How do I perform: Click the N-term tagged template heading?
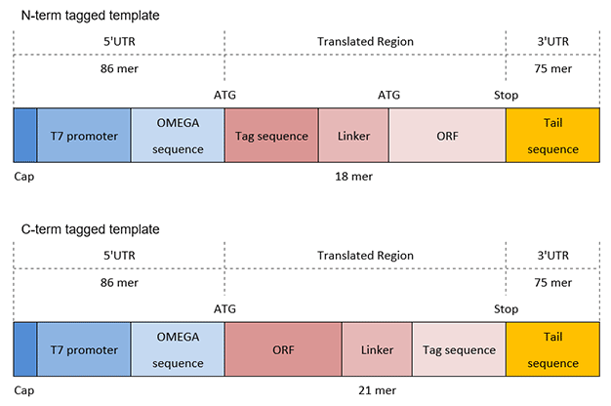(x=91, y=17)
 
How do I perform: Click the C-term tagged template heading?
(x=91, y=229)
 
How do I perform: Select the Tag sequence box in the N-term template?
(x=271, y=136)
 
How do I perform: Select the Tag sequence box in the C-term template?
(x=458, y=349)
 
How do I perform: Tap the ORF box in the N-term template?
(x=447, y=136)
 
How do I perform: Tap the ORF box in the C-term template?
(x=283, y=349)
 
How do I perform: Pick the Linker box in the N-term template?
(x=353, y=136)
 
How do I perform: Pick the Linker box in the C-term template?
(x=376, y=349)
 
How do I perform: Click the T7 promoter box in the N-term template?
(x=83, y=136)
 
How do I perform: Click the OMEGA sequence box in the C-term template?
(x=177, y=349)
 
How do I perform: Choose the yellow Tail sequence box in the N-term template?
(x=552, y=136)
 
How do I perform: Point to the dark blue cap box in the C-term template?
(x=25, y=349)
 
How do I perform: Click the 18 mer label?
(x=353, y=177)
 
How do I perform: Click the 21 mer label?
(x=376, y=390)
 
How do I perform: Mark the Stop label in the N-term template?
(x=506, y=96)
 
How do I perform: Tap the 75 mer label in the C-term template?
(x=552, y=283)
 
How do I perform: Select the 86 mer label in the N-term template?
(x=119, y=70)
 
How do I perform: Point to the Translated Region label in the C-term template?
(x=366, y=256)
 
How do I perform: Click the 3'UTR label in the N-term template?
(x=552, y=42)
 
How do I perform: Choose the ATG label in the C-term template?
(x=224, y=308)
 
